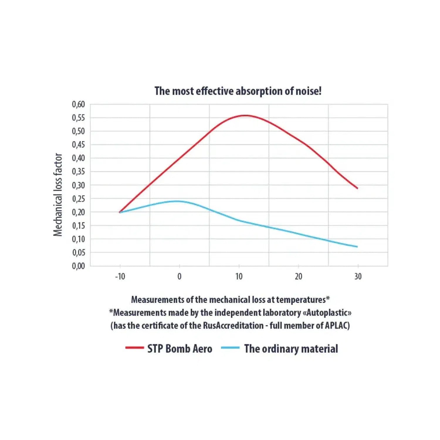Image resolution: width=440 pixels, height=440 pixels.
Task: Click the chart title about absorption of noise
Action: [x=238, y=91]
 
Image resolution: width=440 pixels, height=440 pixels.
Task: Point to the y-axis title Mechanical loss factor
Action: [x=58, y=194]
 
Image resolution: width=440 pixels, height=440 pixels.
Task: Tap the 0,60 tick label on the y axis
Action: [x=78, y=104]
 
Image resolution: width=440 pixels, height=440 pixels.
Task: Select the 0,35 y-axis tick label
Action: [x=78, y=171]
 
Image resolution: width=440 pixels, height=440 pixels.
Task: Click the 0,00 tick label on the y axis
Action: [x=78, y=266]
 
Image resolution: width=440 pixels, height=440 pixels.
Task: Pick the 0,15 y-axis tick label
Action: [x=78, y=226]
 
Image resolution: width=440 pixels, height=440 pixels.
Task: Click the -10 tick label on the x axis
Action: [x=120, y=276]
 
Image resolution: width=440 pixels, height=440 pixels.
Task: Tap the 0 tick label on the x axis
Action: [x=180, y=276]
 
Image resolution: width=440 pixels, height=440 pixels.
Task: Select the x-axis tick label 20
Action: [x=298, y=276]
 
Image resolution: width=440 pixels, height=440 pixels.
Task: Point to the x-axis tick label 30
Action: [x=358, y=276]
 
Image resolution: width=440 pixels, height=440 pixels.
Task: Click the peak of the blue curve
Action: [x=177, y=201]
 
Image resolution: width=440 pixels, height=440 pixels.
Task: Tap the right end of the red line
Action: [x=357, y=188]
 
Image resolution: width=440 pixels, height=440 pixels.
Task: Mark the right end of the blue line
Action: [x=357, y=247]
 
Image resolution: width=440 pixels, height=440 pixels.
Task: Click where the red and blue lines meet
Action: [x=120, y=212]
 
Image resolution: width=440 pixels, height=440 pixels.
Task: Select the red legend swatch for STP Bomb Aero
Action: [x=135, y=348]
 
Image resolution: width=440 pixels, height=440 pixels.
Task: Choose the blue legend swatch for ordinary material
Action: [x=230, y=348]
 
